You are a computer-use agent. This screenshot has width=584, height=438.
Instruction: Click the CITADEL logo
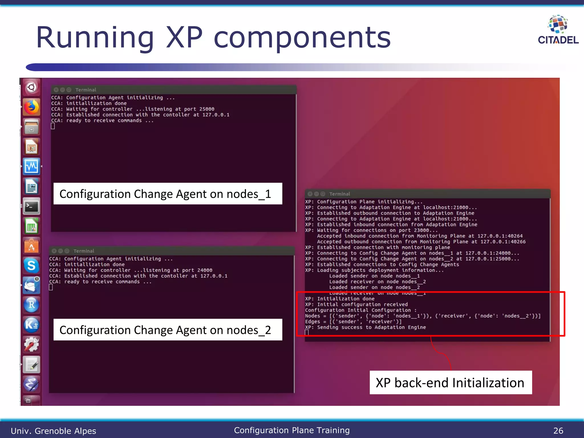pos(558,30)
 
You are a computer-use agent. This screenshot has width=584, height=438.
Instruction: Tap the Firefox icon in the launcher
pos(31,107)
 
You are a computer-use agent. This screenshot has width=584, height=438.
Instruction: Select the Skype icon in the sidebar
pos(31,265)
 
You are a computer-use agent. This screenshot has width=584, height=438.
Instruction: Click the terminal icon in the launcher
pos(31,206)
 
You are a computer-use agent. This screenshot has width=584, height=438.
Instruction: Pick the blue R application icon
pos(31,305)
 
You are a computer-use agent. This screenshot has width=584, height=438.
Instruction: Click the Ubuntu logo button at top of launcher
pos(31,87)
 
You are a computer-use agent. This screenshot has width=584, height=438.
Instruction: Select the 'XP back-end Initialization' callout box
pos(450,382)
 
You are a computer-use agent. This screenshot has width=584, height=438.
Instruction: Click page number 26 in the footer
pos(558,431)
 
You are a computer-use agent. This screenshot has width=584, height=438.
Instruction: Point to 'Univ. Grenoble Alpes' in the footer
pos(53,431)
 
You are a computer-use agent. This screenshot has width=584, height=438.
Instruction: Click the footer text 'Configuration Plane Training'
pos(292,430)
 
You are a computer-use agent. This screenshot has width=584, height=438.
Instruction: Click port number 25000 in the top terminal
pos(207,109)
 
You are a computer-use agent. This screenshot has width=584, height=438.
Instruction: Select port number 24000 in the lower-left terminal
pos(205,270)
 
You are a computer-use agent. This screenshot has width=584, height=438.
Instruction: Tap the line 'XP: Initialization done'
pos(340,299)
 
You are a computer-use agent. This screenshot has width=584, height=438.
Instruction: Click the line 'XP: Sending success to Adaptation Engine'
pos(365,327)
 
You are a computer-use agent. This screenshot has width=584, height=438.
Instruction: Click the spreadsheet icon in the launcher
pos(31,226)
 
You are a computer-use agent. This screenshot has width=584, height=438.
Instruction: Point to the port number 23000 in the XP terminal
pos(421,230)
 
